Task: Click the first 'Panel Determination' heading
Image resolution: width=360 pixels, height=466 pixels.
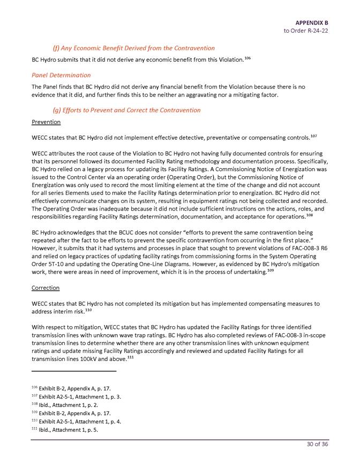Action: pyautogui.click(x=61, y=75)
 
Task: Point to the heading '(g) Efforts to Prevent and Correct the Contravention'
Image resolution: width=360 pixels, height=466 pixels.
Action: pyautogui.click(x=126, y=110)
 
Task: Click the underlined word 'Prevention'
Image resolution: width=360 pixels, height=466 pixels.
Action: pyautogui.click(x=46, y=122)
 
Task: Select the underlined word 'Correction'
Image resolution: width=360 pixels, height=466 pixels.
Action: pyautogui.click(x=46, y=288)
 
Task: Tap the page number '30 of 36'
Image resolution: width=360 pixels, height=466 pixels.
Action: pyautogui.click(x=316, y=449)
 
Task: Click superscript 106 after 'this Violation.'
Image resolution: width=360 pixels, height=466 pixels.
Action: pyautogui.click(x=248, y=57)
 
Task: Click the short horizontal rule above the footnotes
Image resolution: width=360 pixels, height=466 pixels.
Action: pyautogui.click(x=74, y=371)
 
